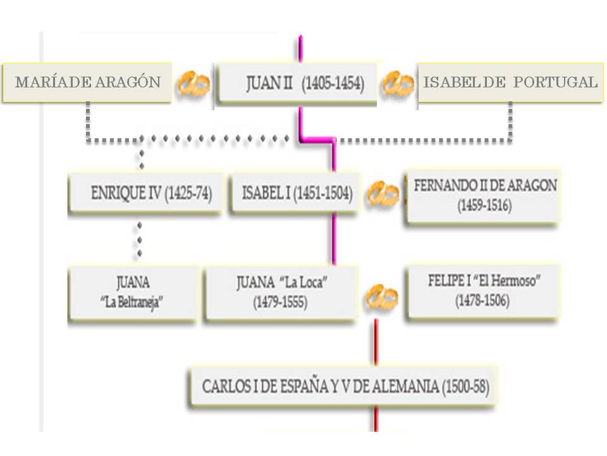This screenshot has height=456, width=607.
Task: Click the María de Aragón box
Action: pos(87,82)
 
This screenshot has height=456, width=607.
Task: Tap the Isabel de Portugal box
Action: pos(510,82)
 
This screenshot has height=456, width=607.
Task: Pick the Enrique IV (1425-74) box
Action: pos(145,194)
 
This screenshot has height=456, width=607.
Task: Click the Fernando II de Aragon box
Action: pos(483,196)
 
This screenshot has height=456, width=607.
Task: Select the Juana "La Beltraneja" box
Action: pos(132,292)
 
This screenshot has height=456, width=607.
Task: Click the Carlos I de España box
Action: pos(345,386)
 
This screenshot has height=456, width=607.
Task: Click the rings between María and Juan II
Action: pos(192,83)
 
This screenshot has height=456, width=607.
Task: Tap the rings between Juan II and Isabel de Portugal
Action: pos(398,83)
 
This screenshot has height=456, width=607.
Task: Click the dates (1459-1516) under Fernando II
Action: pos(485,206)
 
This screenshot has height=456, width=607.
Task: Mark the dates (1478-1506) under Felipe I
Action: pos(482,301)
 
